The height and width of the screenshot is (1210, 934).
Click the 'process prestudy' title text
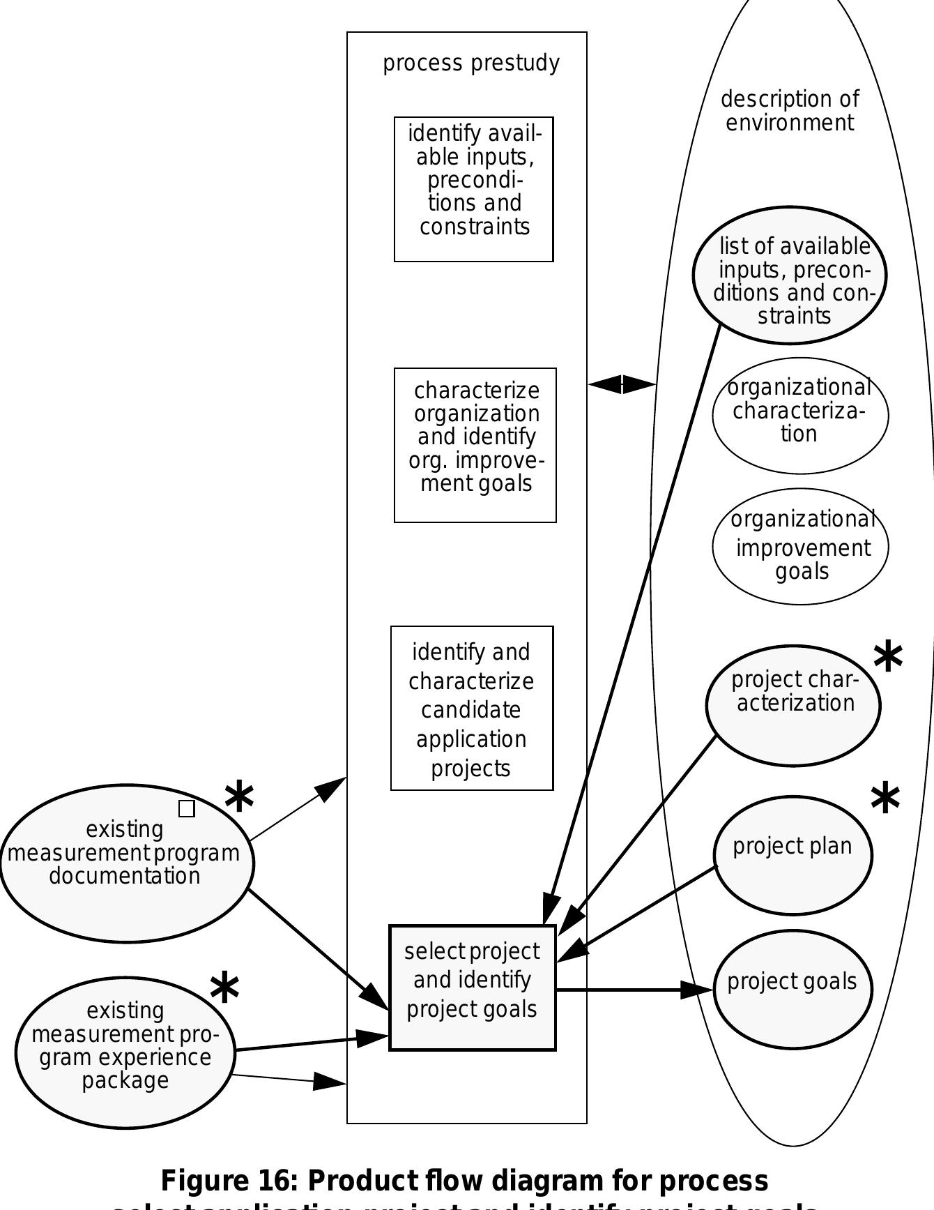point(471,63)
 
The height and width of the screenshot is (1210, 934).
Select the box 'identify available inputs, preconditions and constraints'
point(474,189)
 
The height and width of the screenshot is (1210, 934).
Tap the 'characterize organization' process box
point(475,445)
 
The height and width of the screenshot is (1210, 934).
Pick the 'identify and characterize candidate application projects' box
point(472,708)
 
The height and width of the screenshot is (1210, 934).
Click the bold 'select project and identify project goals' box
point(472,988)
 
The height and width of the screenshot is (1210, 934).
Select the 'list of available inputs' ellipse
point(790,275)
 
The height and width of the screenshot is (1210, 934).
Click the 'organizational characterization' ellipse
point(799,416)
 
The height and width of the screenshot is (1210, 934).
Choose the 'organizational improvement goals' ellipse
point(800,546)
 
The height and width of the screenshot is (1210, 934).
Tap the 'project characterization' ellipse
point(793,705)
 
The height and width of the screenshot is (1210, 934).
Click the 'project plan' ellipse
point(793,855)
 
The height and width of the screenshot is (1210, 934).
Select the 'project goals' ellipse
point(793,989)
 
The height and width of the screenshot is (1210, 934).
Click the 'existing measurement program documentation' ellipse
point(125,863)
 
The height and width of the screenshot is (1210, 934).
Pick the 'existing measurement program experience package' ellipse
point(125,1052)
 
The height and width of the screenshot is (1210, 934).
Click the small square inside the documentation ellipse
point(187,808)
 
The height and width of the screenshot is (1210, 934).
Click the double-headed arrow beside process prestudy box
point(622,384)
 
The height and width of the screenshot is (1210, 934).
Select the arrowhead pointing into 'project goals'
point(697,989)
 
